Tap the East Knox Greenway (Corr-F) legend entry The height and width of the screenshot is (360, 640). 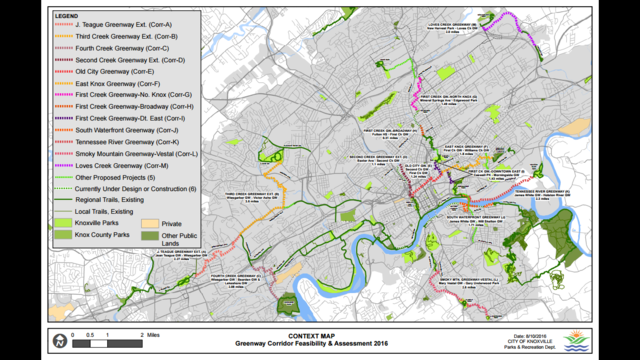coord(111,84)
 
